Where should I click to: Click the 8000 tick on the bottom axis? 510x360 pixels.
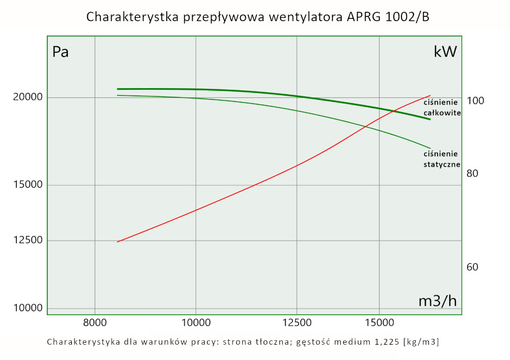pos(95,322)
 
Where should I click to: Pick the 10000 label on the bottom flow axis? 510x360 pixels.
pos(196,322)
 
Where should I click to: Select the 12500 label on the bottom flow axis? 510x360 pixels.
pos(297,322)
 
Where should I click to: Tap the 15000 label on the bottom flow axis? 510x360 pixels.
pos(379,322)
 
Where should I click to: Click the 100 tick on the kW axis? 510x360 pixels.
pos(475,101)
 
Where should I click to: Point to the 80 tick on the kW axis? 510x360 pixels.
pos(472,173)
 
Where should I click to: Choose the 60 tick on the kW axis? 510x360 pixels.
pos(472,267)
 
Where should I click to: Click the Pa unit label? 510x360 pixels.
pos(61,52)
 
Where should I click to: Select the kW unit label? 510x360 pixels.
pos(445,52)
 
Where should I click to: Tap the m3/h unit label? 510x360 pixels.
pos(438,301)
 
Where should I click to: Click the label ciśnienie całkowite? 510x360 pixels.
pos(442,108)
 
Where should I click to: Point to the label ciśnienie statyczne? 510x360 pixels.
pos(442,159)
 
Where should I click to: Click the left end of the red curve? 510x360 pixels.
pos(118,242)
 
